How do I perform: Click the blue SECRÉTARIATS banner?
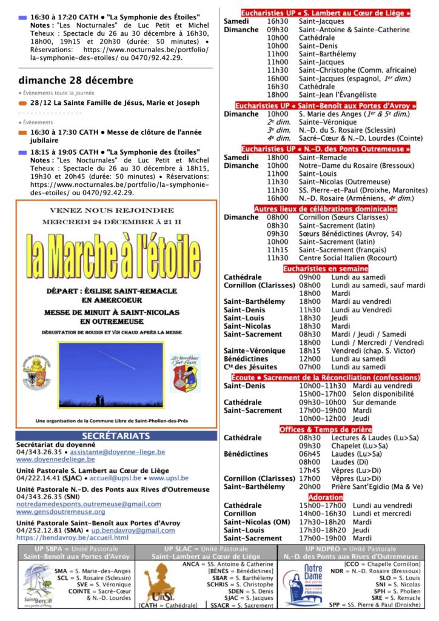coord(116,435)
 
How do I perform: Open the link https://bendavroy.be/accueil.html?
coord(72,537)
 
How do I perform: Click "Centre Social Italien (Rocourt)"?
coord(345,258)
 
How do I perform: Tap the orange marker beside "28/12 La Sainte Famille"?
coord(22,104)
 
